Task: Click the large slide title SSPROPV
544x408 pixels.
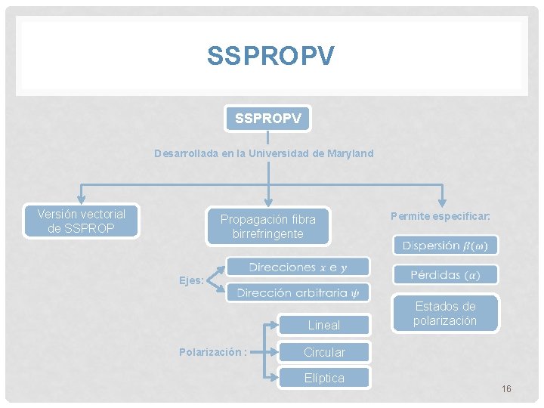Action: [x=270, y=56]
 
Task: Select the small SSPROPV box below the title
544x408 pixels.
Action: [x=267, y=119]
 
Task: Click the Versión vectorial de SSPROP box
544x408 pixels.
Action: [x=82, y=221]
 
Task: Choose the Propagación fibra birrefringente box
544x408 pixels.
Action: [x=267, y=227]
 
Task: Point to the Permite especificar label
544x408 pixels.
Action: [x=440, y=216]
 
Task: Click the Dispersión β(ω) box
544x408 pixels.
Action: [x=445, y=246]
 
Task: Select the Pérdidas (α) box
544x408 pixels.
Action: [x=445, y=274]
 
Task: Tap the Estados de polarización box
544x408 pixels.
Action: [x=445, y=313]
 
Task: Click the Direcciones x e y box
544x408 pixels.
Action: [x=298, y=267]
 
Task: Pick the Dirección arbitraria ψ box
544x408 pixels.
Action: [x=298, y=292]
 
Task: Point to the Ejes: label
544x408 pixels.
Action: [x=191, y=280]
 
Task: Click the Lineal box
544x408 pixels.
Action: [x=323, y=325]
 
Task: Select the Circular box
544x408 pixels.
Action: [x=323, y=352]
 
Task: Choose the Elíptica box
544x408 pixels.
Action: [x=323, y=378]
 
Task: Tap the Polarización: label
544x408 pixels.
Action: [x=213, y=352]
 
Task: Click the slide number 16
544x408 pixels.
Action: [x=505, y=388]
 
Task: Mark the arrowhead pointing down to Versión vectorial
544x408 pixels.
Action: [x=82, y=199]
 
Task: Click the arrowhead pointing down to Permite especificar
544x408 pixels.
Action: [x=443, y=199]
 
